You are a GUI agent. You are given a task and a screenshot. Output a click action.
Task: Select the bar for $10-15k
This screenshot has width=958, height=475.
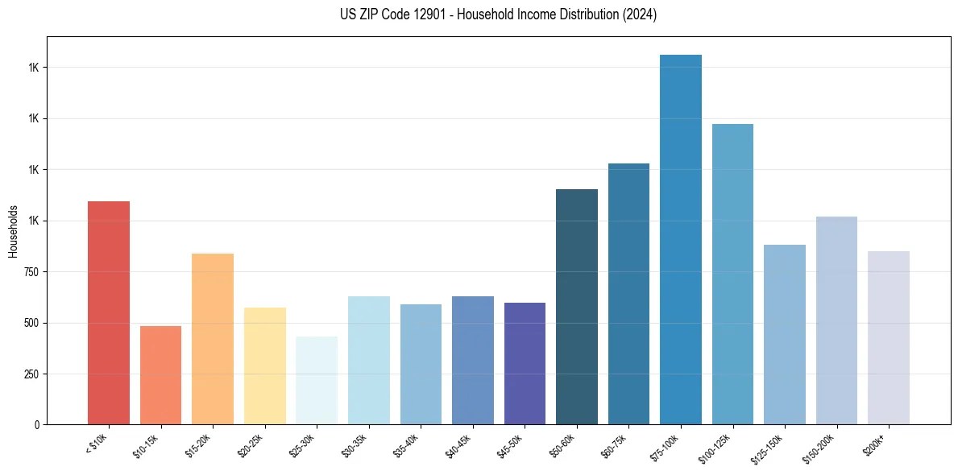tap(160, 375)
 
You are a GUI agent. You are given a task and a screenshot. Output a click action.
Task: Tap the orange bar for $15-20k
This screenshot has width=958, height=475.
tap(213, 339)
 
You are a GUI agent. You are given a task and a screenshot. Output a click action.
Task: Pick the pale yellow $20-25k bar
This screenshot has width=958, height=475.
tap(264, 366)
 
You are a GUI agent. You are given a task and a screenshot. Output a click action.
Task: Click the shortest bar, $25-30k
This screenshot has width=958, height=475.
tap(317, 380)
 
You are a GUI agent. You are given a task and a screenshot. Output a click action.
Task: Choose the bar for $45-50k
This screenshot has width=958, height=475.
tap(525, 363)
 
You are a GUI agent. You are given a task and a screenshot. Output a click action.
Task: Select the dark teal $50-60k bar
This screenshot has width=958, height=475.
tap(577, 307)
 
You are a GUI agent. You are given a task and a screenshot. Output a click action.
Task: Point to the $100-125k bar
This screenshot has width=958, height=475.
tap(732, 274)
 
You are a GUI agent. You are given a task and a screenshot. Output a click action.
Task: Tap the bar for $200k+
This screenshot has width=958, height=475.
tap(889, 337)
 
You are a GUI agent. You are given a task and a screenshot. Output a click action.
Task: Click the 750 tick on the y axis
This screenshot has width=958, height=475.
tap(31, 272)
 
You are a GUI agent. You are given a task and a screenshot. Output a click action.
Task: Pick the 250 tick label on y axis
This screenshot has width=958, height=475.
tap(31, 374)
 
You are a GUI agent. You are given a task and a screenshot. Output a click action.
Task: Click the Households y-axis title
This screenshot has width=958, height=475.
tap(13, 230)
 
